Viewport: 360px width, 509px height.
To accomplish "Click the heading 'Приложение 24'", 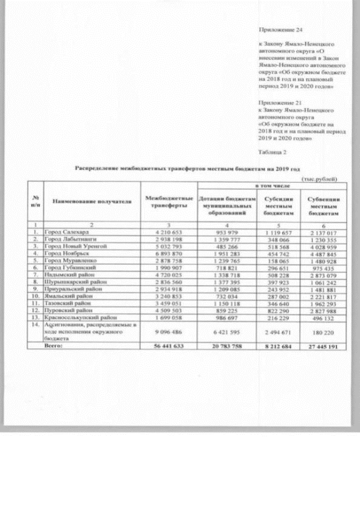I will coord(278,28).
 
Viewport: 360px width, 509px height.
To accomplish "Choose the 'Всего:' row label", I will coord(63,346).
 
